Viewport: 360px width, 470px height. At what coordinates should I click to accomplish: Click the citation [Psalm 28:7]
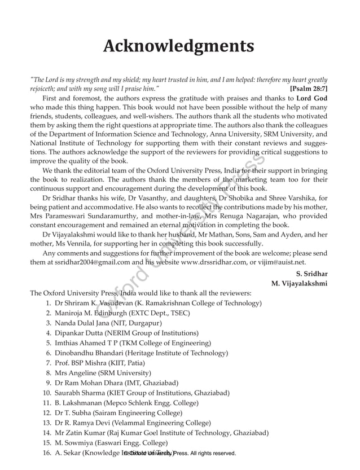coord(309,89)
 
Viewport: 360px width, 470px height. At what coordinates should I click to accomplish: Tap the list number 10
coord(47,392)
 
